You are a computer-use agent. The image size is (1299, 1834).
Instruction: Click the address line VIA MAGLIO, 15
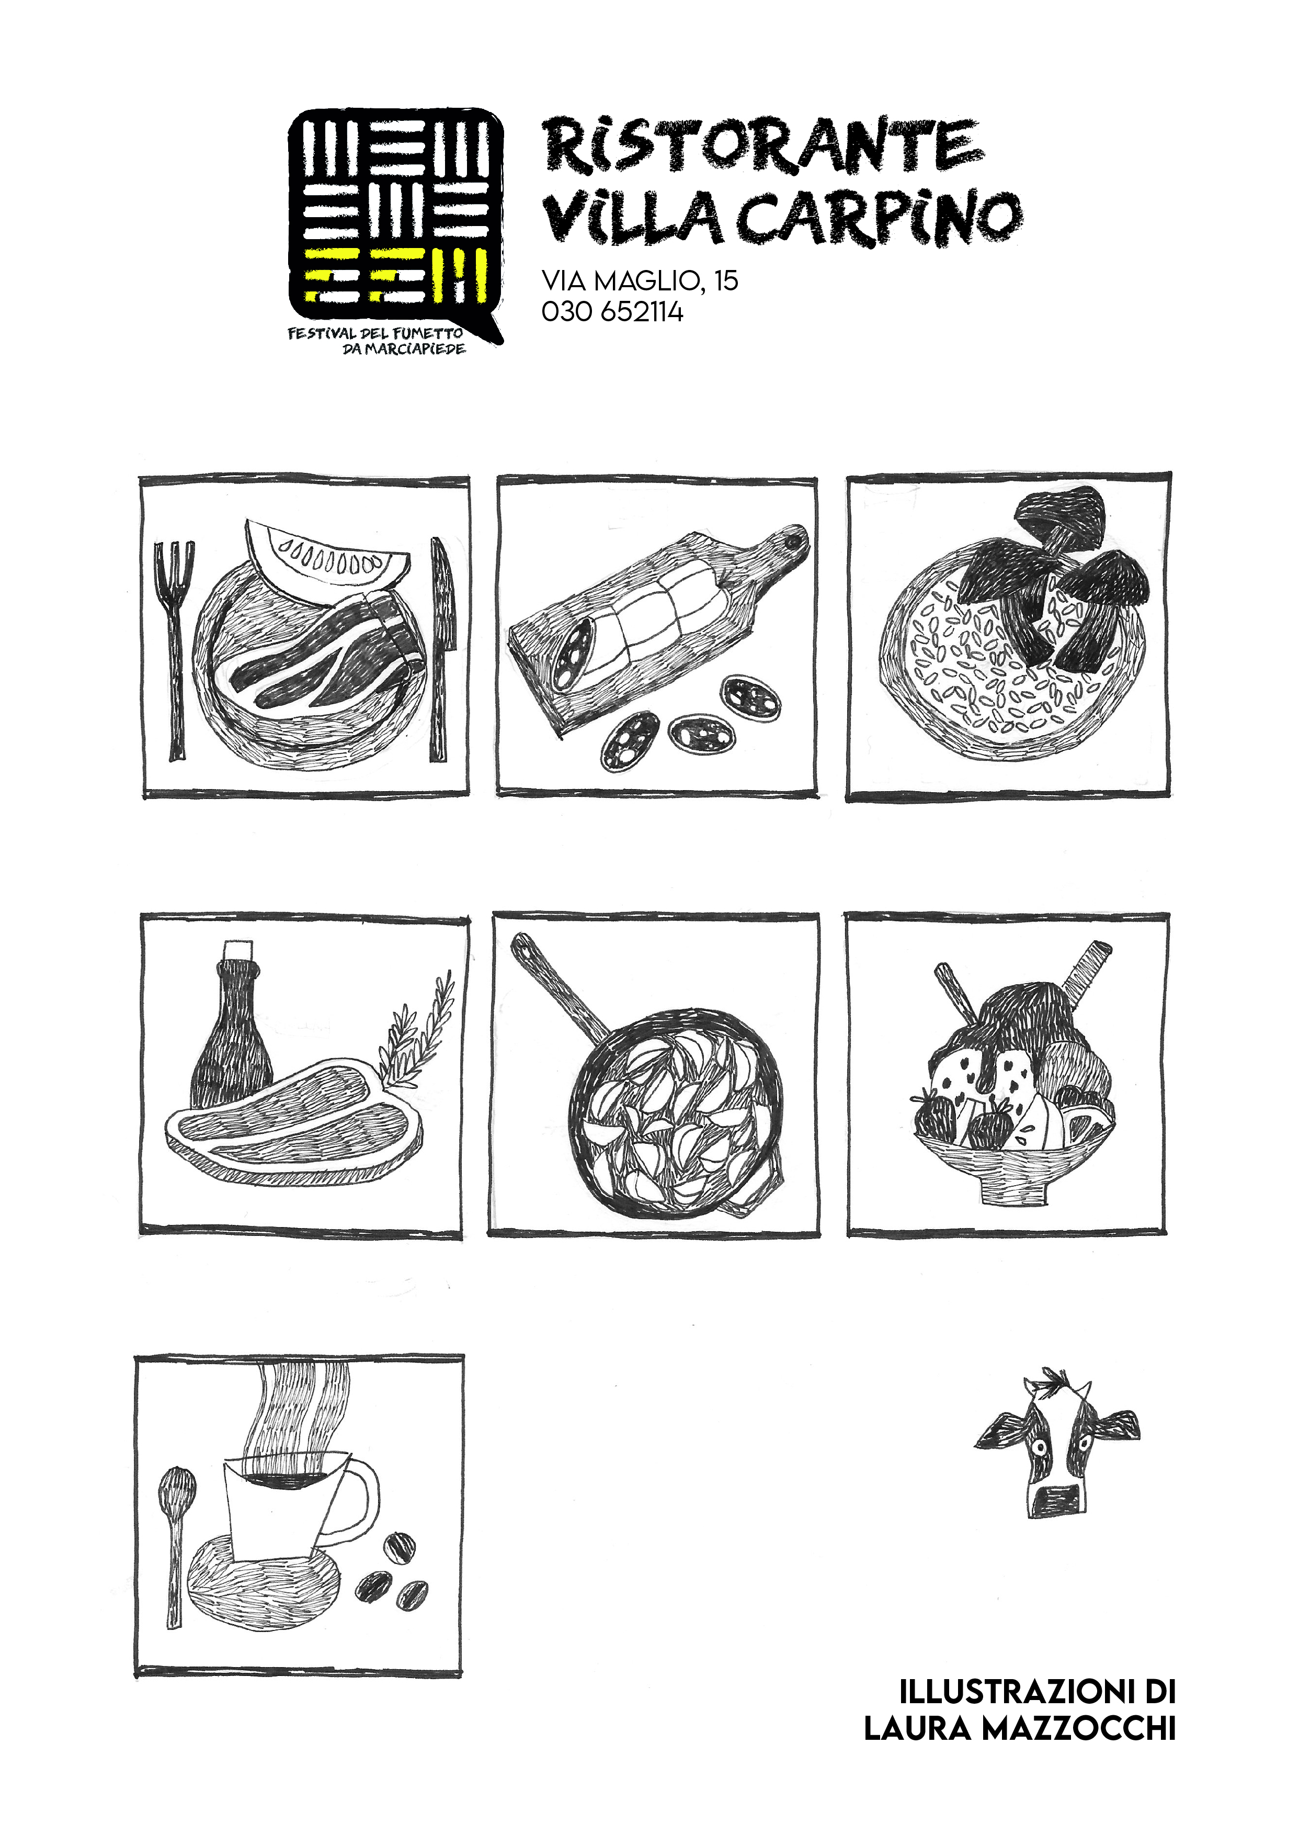click(x=640, y=280)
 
